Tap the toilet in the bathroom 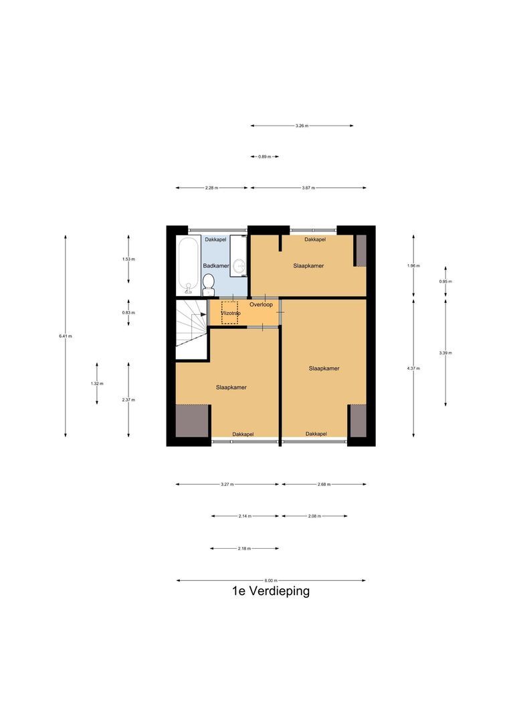click(x=209, y=284)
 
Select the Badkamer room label click(x=216, y=265)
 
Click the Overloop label click(x=261, y=304)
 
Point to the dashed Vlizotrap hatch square click(x=229, y=313)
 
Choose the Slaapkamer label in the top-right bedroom click(x=308, y=265)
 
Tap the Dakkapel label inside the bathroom click(x=215, y=239)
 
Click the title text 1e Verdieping click(x=270, y=591)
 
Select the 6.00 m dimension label click(x=270, y=580)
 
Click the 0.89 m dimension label click(x=264, y=156)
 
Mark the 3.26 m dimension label click(x=302, y=126)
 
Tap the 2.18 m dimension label click(x=244, y=548)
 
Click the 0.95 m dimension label click(x=445, y=281)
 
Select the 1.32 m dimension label click(x=97, y=383)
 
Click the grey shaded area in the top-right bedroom click(x=361, y=251)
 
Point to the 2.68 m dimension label click(x=324, y=484)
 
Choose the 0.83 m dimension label click(x=128, y=312)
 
